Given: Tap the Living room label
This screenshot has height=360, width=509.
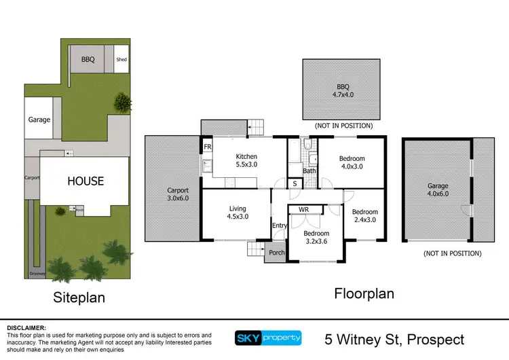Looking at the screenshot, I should click(x=238, y=213).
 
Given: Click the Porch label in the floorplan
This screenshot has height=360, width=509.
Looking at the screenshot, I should click(x=277, y=253).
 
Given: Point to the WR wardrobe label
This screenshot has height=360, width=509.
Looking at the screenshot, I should click(x=303, y=210).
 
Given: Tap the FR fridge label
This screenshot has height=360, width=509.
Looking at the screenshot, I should click(x=207, y=146).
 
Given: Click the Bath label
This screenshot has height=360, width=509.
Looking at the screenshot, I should click(x=309, y=170).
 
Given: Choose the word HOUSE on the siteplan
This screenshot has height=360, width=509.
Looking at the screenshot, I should click(x=85, y=181).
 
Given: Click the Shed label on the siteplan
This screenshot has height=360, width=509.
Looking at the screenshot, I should click(x=121, y=60).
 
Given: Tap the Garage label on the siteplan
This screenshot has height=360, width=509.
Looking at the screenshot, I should click(x=39, y=120).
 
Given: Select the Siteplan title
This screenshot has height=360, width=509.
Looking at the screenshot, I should click(x=79, y=297).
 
